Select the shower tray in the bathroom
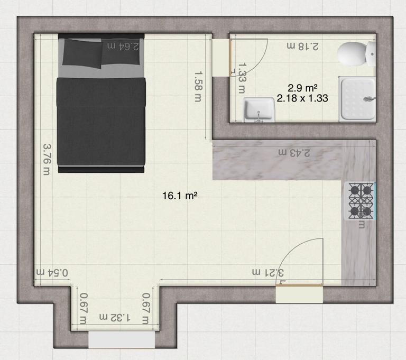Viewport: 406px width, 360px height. click(x=357, y=98)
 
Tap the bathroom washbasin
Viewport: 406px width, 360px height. click(x=259, y=109)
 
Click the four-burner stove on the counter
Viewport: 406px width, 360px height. click(x=361, y=201)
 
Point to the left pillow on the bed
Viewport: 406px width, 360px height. click(x=82, y=53)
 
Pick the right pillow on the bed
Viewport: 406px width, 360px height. click(x=122, y=53)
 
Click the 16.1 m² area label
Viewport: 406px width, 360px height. click(x=180, y=196)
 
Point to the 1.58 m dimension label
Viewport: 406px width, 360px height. click(x=198, y=86)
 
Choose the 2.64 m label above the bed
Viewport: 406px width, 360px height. click(x=123, y=46)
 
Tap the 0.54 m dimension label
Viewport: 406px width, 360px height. click(x=52, y=272)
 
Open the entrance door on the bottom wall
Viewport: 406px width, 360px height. click(x=299, y=293)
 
